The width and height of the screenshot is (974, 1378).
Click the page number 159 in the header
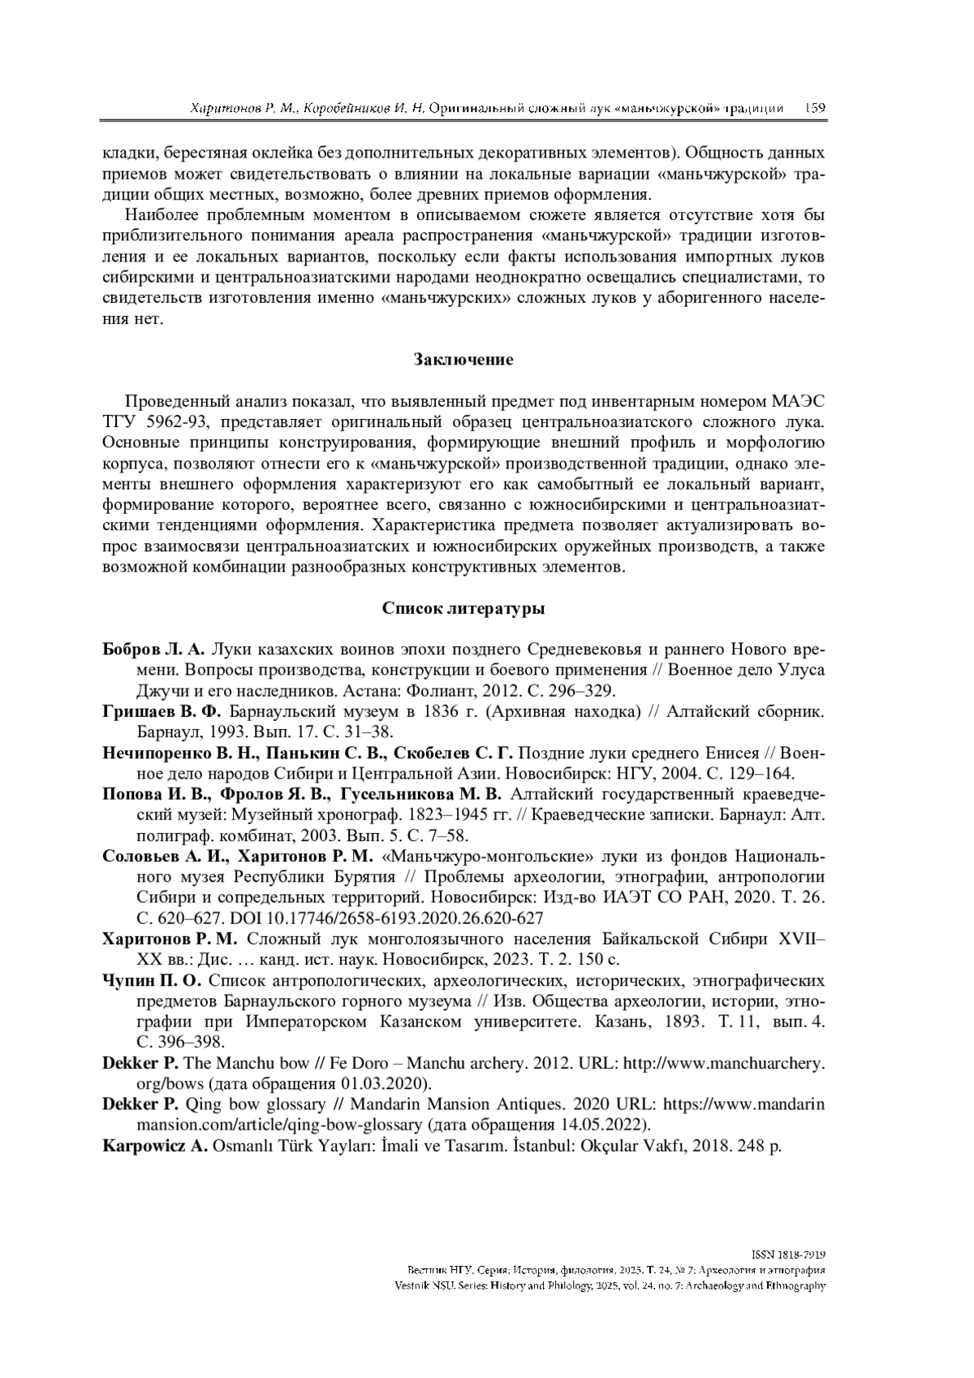tap(815, 108)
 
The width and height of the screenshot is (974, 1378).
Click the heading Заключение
tap(463, 360)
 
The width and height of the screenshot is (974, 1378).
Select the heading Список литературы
tap(463, 608)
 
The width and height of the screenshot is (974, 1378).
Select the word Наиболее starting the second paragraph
tap(166, 215)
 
